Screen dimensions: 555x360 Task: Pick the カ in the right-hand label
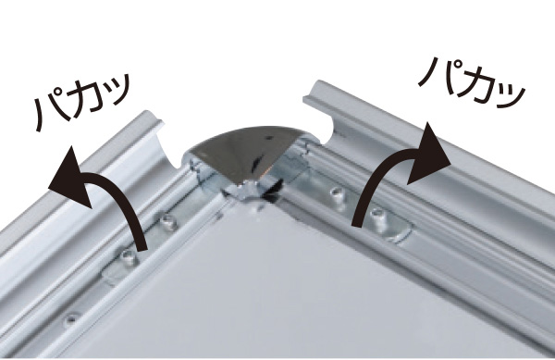point(475,81)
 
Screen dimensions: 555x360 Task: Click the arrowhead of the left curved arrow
point(71,176)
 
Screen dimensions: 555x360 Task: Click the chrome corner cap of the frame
point(245,155)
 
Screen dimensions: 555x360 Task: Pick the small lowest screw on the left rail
point(72,319)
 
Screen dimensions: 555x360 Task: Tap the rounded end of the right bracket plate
point(403,233)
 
